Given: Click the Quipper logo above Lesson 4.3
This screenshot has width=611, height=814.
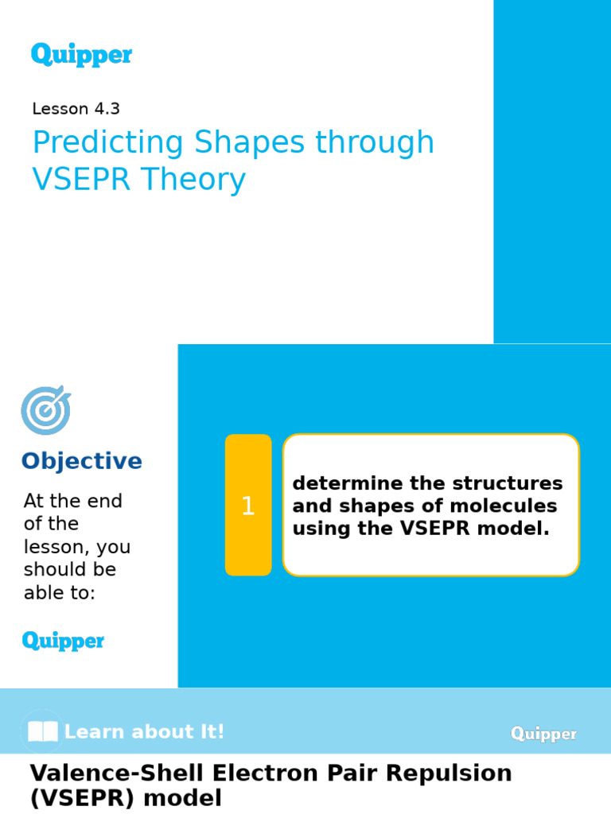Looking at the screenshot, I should point(81,55).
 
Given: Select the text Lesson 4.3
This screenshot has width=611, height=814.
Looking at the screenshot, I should point(76,109).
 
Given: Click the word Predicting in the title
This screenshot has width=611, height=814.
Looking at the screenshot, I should point(108,143).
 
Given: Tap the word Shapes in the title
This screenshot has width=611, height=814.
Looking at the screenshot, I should point(250,143).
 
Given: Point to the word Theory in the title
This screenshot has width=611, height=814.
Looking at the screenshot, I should point(193,180).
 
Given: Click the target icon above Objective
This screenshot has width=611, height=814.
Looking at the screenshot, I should point(45,410).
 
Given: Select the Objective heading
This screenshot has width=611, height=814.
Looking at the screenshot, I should point(81,461).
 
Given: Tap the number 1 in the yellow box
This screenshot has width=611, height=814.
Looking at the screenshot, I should point(248,506).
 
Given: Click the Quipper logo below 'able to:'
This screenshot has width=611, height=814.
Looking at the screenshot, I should point(63,641).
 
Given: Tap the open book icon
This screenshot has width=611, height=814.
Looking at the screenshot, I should point(42,732).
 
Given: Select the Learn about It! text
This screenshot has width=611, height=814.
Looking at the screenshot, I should point(144,732).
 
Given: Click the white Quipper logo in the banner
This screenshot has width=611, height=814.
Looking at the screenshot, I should point(543,734).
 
